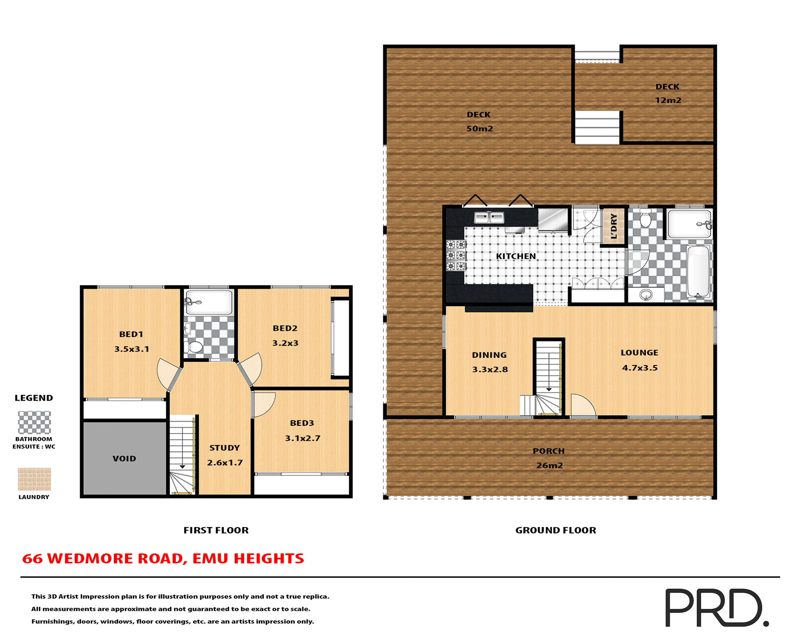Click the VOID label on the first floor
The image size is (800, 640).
(x=124, y=458)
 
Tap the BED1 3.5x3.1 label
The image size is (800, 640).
(x=132, y=342)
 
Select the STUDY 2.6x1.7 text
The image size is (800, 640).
(x=225, y=455)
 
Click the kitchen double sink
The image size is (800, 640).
(x=489, y=217)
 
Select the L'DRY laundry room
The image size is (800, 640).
(x=614, y=226)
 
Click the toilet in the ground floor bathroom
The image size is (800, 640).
(x=645, y=218)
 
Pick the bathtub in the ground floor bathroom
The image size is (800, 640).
(x=698, y=271)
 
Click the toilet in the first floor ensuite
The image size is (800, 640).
(x=193, y=347)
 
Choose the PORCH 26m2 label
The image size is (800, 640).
(x=549, y=458)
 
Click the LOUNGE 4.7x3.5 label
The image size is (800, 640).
(x=640, y=360)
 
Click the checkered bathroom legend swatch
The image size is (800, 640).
(x=34, y=422)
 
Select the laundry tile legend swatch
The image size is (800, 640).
(x=34, y=479)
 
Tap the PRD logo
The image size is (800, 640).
(x=716, y=607)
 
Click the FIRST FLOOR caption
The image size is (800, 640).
(x=216, y=530)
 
